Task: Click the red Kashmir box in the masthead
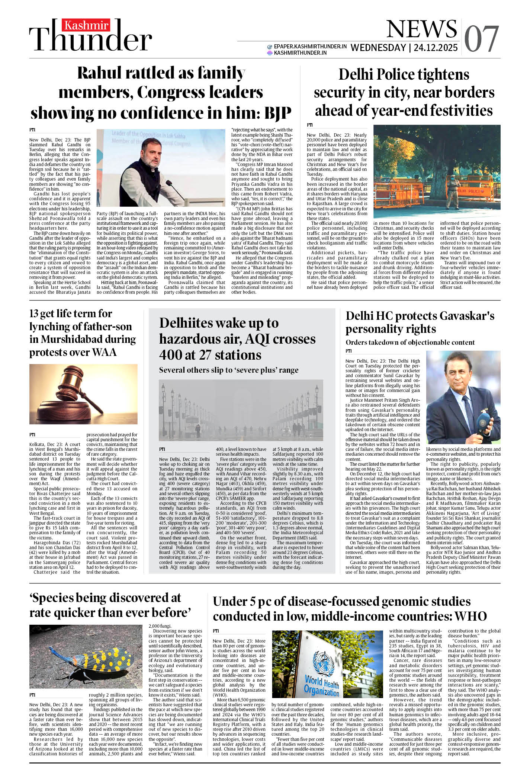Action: click(x=87, y=25)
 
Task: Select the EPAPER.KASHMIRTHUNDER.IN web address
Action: click(x=310, y=47)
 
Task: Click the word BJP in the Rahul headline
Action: click(x=277, y=113)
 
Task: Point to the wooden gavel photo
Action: click(x=83, y=394)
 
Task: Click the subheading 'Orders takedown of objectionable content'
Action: click(x=410, y=342)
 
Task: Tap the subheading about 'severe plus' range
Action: click(x=228, y=370)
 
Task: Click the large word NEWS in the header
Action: click(x=421, y=29)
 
